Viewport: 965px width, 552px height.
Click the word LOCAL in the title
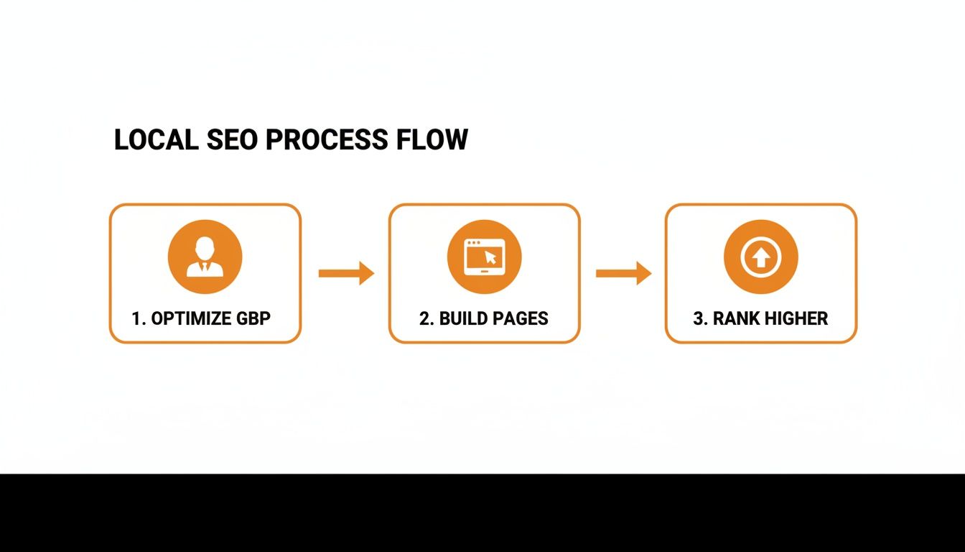156,139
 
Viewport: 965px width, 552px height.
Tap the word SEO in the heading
233,139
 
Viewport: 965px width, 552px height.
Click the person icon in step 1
205,257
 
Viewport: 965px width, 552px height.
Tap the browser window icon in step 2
484,257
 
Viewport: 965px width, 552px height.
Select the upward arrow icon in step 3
761,257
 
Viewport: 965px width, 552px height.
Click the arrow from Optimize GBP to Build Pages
346,273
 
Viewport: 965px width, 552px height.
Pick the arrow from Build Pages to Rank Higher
623,273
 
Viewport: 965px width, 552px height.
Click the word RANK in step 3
736,318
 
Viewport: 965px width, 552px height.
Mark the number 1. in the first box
139,318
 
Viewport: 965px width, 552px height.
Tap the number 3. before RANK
700,318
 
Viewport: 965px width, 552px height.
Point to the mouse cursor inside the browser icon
491,256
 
